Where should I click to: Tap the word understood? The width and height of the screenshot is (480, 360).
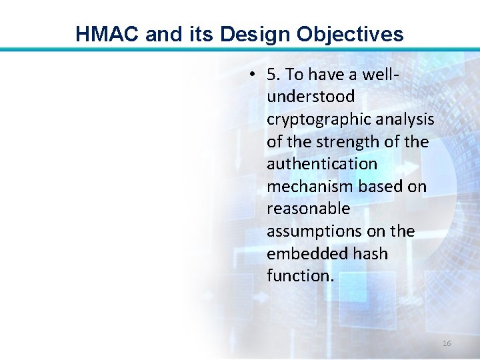(x=311, y=97)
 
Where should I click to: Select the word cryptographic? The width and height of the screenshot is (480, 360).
(x=317, y=119)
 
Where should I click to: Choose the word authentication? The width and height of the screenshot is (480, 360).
(x=322, y=164)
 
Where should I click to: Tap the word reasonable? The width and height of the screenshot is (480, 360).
(x=308, y=209)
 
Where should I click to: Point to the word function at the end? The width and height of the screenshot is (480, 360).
(x=298, y=276)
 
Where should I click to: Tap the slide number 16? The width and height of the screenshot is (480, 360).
(x=447, y=343)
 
